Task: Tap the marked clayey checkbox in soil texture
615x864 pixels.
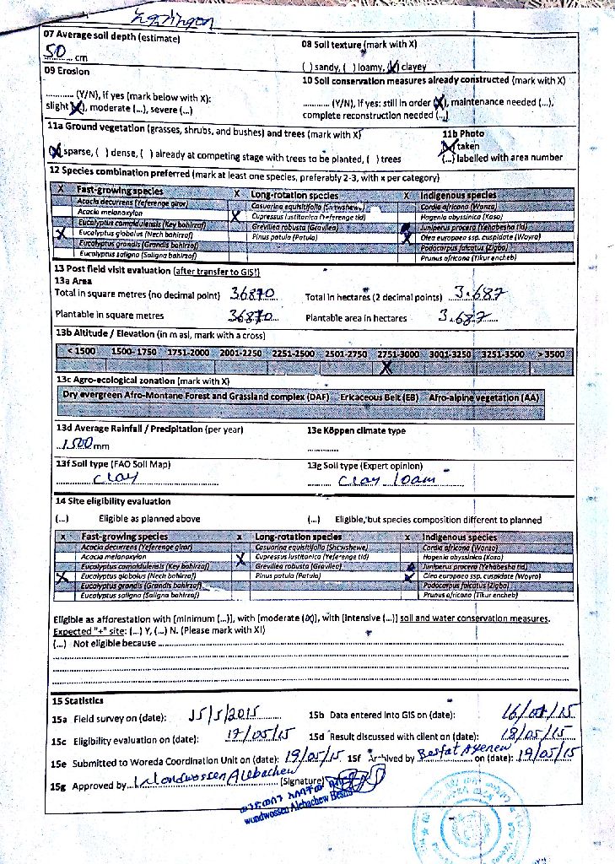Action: coord(392,67)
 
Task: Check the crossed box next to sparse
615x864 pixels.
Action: coord(56,152)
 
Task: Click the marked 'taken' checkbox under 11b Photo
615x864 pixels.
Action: coord(449,145)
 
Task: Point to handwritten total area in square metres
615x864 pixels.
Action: coord(252,295)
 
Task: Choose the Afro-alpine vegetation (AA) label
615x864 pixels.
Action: coord(483,396)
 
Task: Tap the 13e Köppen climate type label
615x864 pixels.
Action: coord(357,430)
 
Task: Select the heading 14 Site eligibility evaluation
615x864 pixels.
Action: coord(112,501)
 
